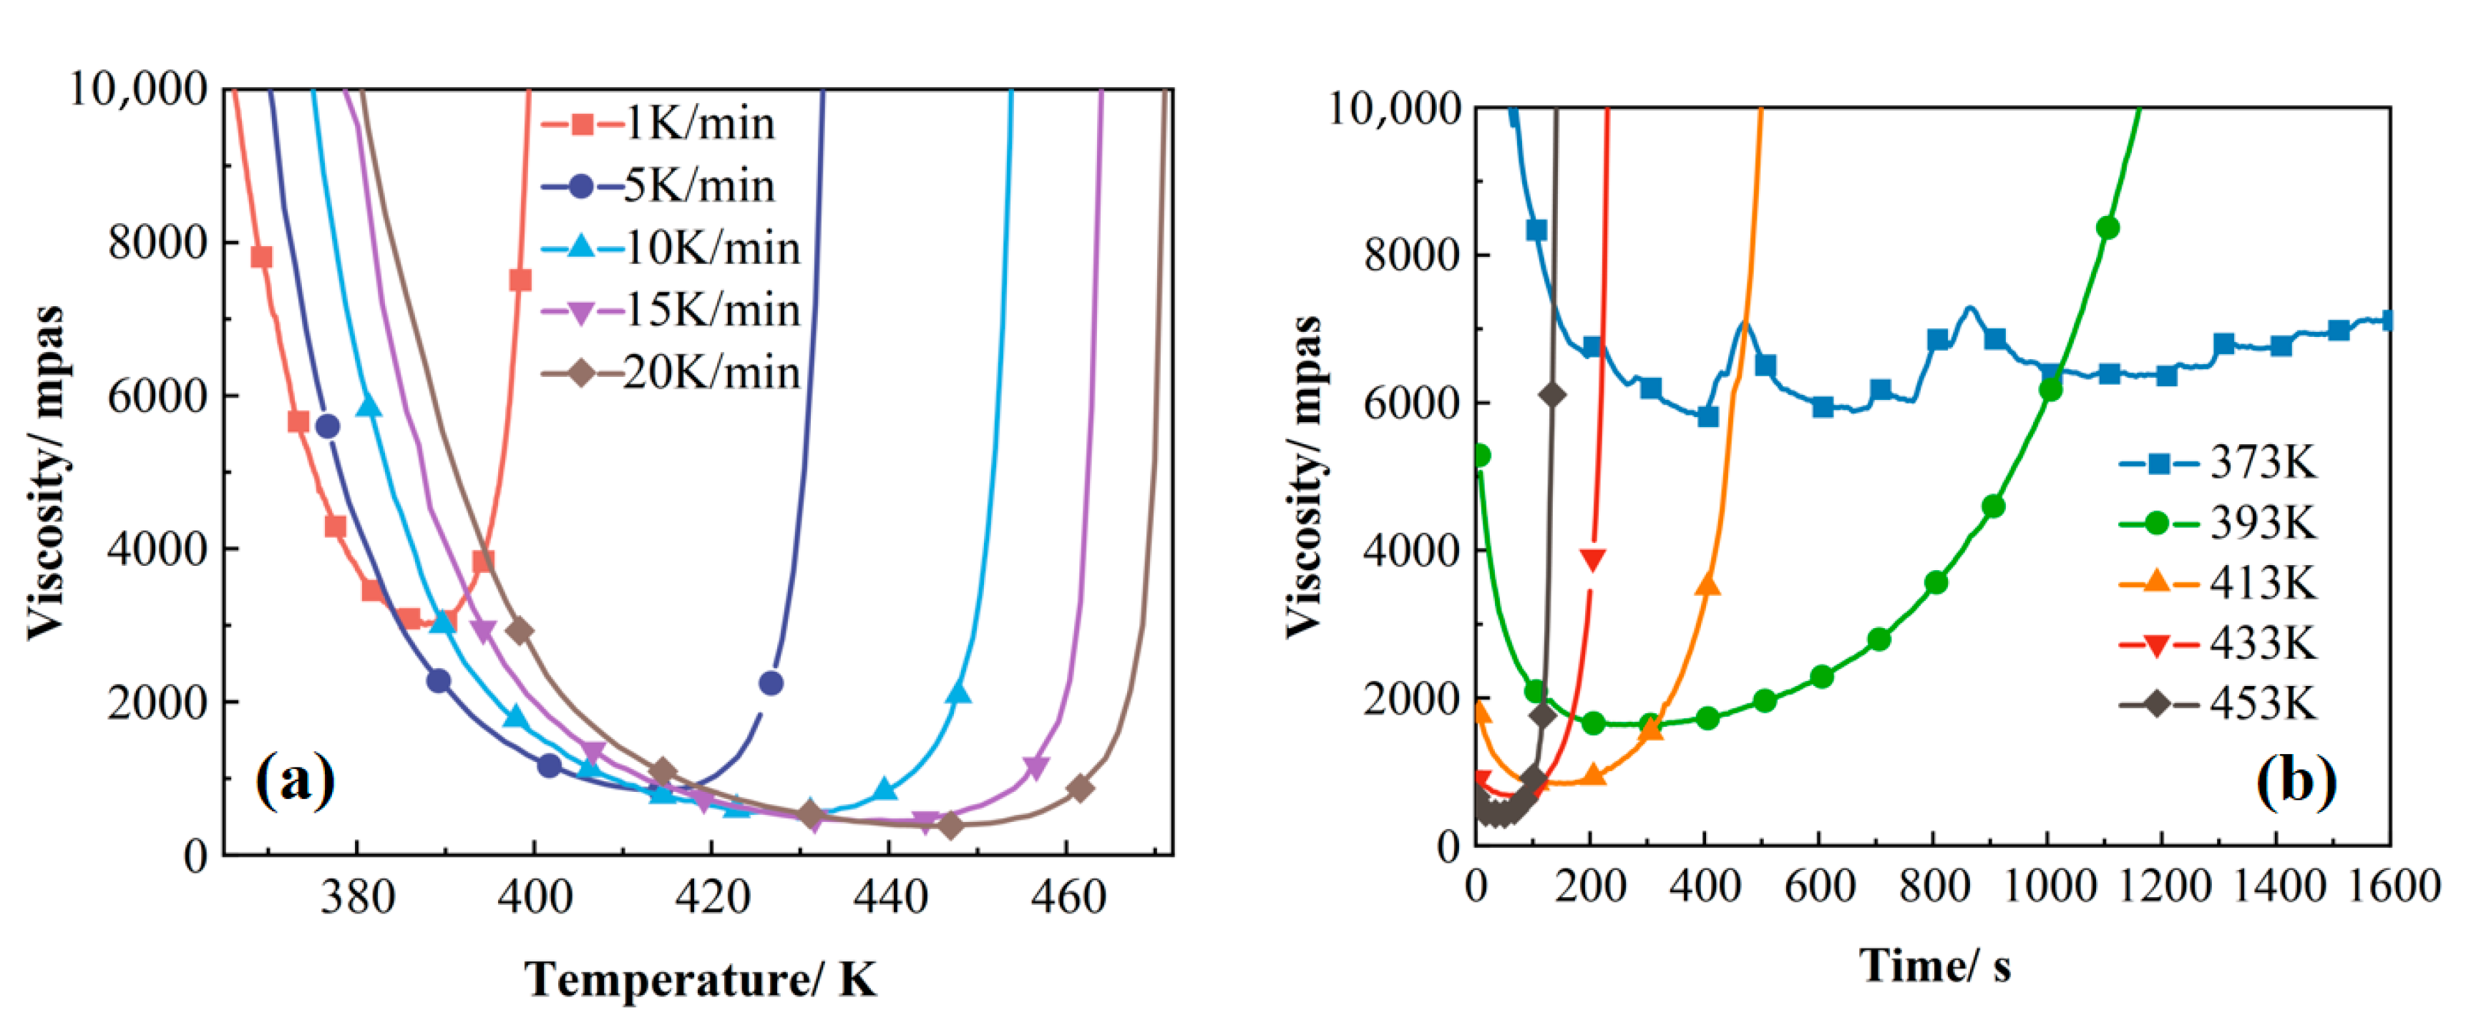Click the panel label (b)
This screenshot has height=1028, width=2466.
[x=2296, y=780]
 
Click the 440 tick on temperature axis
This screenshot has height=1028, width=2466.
[x=890, y=897]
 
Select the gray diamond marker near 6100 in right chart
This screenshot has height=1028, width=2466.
[x=1553, y=394]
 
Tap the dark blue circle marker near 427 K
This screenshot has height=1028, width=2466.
[x=771, y=682]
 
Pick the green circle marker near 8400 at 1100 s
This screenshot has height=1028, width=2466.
[x=2107, y=227]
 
